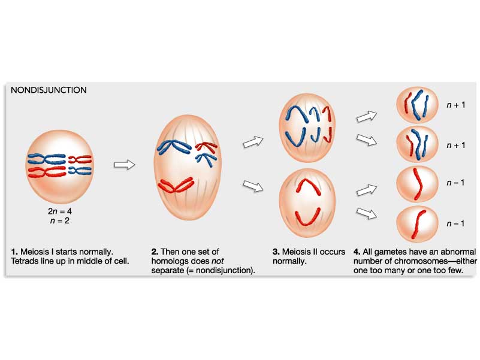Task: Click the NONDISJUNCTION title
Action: pyautogui.click(x=49, y=90)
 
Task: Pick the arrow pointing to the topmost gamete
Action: pyautogui.click(x=366, y=115)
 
